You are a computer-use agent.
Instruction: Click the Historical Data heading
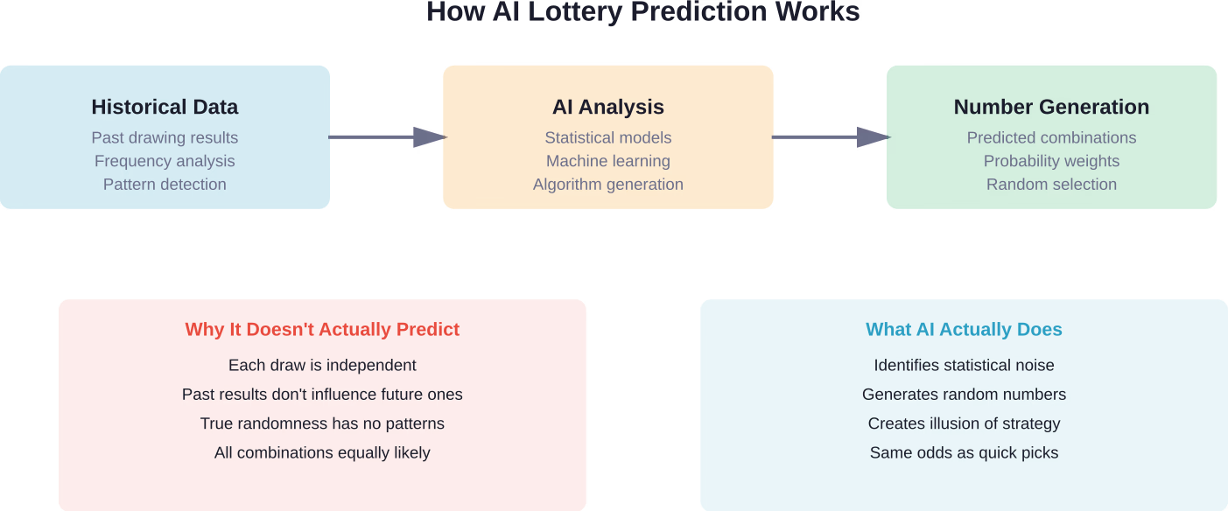[165, 108]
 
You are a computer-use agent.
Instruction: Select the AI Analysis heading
[607, 108]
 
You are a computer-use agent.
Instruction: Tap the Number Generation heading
[1051, 108]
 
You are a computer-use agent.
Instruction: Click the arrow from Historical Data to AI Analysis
[387, 136]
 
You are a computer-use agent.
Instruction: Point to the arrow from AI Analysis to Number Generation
[830, 136]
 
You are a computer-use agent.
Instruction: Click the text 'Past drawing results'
[165, 138]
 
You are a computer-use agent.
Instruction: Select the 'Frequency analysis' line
[165, 161]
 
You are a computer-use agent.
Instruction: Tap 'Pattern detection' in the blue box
[165, 185]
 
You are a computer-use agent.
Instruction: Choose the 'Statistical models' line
[607, 138]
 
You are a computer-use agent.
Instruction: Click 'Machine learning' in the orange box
[607, 161]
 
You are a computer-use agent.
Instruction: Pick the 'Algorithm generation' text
[607, 185]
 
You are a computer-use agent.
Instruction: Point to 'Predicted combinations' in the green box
[1051, 138]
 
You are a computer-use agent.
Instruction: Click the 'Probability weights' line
[1051, 161]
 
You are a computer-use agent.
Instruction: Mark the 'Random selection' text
[1051, 185]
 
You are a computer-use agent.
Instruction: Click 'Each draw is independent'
[322, 366]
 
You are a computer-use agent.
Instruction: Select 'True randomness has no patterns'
[322, 423]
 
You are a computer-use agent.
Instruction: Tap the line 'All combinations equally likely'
[322, 453]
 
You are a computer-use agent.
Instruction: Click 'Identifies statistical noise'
[964, 366]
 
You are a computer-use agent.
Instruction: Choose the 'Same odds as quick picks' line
[964, 453]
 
